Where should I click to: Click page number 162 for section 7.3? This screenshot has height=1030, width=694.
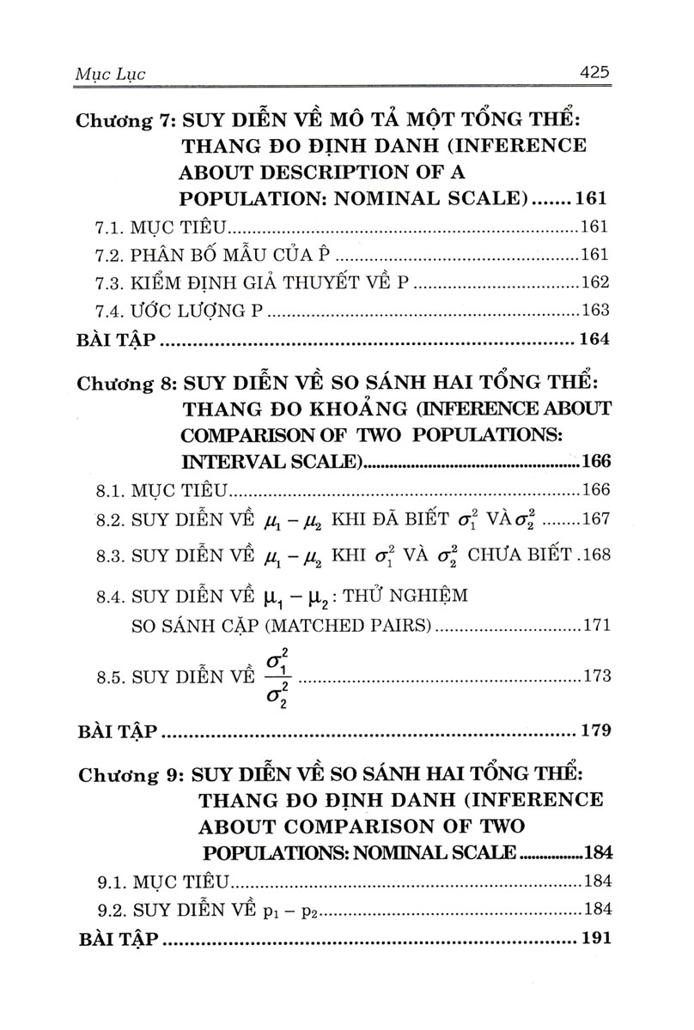tap(594, 283)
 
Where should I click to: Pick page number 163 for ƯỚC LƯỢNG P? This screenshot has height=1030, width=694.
tap(594, 310)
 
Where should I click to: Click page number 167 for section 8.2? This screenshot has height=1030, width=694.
tap(594, 519)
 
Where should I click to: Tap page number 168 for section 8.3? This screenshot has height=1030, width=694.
tap(594, 555)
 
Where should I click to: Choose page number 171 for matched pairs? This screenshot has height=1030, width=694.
tap(594, 625)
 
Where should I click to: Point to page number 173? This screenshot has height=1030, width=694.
tap(594, 676)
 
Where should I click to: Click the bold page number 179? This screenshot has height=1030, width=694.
tap(594, 732)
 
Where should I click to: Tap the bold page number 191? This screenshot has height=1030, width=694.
tap(594, 937)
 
